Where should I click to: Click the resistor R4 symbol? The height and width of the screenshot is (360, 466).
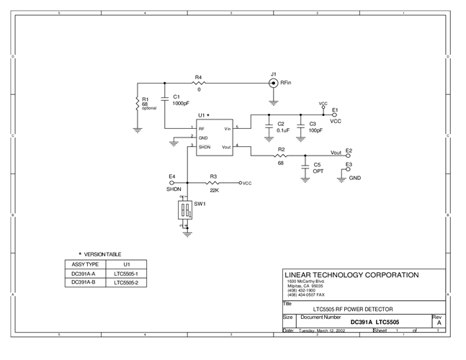199,84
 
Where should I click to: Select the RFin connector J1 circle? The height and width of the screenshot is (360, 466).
273,84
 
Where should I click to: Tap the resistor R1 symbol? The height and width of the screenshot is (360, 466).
137,104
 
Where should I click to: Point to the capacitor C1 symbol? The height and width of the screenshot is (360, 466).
165,96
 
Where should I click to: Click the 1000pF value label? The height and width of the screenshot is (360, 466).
180,103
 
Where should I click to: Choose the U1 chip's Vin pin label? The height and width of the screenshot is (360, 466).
227,129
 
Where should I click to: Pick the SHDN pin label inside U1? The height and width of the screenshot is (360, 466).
205,146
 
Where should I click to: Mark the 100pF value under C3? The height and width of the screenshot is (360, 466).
316,132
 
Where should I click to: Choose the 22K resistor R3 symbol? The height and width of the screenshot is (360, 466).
213,183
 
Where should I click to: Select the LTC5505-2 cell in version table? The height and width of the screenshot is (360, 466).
125,283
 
